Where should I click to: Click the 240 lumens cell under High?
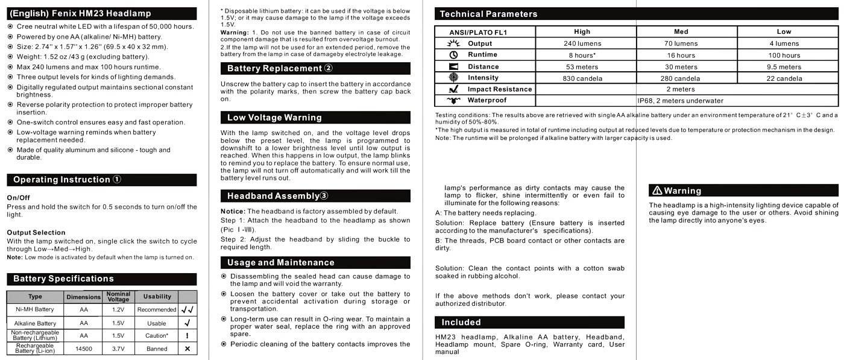click(x=582, y=43)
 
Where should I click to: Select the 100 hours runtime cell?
click(x=784, y=55)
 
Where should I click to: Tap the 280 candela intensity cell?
click(x=680, y=78)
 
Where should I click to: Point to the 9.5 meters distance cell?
click(x=784, y=67)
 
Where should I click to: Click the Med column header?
click(x=681, y=32)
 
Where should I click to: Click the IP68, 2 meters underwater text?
click(x=680, y=101)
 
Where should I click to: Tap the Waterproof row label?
click(x=487, y=100)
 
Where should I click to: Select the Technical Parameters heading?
click(x=488, y=14)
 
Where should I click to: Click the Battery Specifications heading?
click(x=63, y=279)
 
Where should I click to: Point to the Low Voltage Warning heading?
click(x=274, y=118)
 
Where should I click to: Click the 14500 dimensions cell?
click(x=84, y=349)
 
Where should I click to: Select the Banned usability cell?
click(x=157, y=349)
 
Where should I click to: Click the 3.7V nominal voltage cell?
click(x=118, y=349)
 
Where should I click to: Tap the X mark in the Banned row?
click(x=187, y=349)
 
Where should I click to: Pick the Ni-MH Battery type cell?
click(x=35, y=309)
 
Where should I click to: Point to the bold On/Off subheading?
click(x=18, y=198)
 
